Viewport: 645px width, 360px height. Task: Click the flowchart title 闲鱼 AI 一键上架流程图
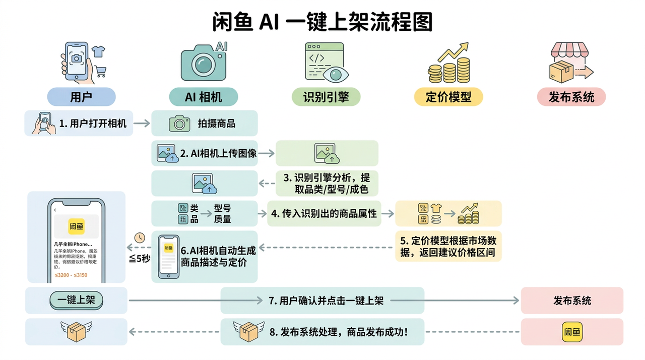click(322, 22)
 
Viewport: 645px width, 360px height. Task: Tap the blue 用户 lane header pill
click(81, 97)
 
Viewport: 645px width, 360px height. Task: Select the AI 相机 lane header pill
click(204, 97)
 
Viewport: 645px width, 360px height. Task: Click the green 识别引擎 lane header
click(326, 97)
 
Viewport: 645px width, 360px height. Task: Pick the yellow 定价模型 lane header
click(448, 97)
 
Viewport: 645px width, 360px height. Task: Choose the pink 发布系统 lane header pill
click(570, 97)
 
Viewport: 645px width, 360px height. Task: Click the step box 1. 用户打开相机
click(79, 123)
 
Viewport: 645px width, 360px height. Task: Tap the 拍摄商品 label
click(217, 123)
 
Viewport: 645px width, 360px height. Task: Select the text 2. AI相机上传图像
click(218, 153)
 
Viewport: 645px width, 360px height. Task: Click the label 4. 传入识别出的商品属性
click(324, 213)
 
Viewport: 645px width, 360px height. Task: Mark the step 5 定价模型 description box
click(448, 246)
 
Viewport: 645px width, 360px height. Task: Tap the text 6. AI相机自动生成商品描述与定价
click(218, 256)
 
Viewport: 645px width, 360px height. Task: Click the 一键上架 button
click(76, 301)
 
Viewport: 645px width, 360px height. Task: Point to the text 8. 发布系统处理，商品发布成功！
click(338, 332)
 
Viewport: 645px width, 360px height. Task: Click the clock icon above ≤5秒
click(140, 237)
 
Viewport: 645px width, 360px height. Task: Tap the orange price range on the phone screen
click(71, 275)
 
